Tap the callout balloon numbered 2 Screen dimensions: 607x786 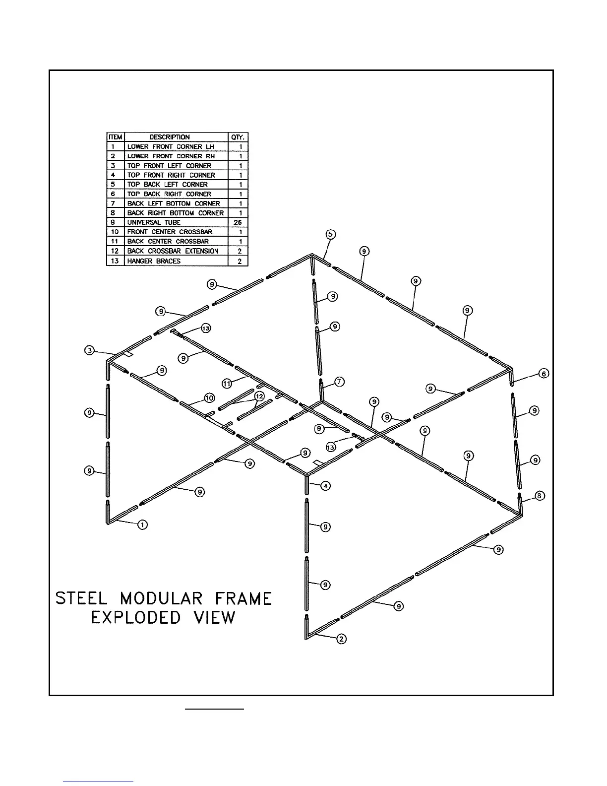pyautogui.click(x=342, y=639)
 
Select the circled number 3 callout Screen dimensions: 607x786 pyautogui.click(x=89, y=351)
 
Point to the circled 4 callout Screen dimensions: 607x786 pyautogui.click(x=325, y=486)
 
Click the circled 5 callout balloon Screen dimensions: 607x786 pyautogui.click(x=330, y=234)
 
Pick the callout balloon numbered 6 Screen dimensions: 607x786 pyautogui.click(x=544, y=374)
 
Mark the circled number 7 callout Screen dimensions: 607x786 pyautogui.click(x=339, y=382)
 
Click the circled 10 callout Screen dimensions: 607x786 pyautogui.click(x=209, y=397)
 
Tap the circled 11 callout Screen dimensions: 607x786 pyautogui.click(x=227, y=384)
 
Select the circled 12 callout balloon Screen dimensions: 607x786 pyautogui.click(x=259, y=396)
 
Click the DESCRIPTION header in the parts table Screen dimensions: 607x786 pyautogui.click(x=170, y=137)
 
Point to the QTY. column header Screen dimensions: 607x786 pyautogui.click(x=238, y=137)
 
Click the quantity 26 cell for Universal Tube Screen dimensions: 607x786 pyautogui.click(x=238, y=222)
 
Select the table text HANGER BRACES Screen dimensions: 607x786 pyautogui.click(x=154, y=261)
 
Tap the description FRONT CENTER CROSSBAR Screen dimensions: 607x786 pyautogui.click(x=170, y=232)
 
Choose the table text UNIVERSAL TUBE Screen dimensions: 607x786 pyautogui.click(x=154, y=222)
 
